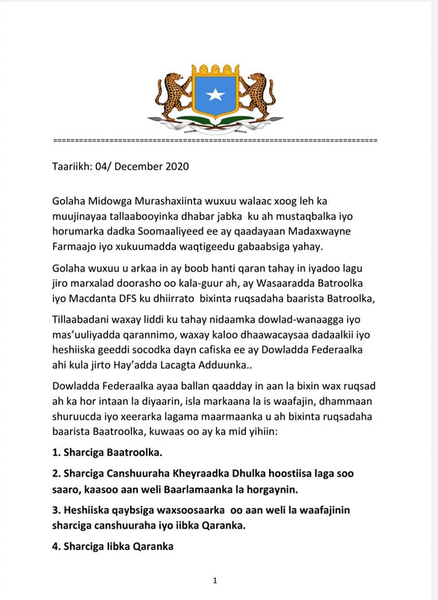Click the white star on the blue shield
215,94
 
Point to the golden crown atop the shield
215,68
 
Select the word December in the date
139,167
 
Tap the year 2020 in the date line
176,167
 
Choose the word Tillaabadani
81,320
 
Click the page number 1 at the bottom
215,581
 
